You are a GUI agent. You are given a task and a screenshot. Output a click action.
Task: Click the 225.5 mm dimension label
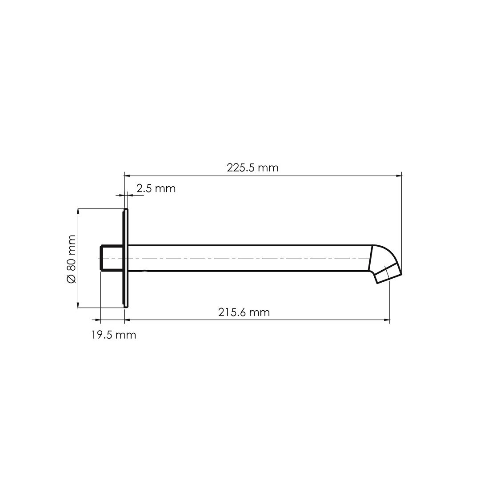click(x=252, y=168)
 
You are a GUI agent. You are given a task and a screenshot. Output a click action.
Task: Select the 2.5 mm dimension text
click(x=156, y=188)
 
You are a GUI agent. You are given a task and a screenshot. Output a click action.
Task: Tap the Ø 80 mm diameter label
click(x=71, y=259)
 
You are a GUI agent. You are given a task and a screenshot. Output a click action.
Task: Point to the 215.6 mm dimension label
click(x=244, y=312)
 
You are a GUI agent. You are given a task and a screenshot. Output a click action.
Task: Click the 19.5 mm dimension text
click(x=114, y=335)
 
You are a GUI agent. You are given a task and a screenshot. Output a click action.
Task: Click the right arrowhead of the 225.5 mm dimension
click(x=399, y=176)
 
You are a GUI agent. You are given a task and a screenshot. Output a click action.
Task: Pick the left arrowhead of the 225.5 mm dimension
click(x=127, y=176)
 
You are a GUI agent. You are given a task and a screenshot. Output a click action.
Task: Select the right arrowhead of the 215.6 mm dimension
click(x=387, y=320)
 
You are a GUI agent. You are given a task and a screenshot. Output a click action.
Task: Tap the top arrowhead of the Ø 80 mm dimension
click(x=78, y=211)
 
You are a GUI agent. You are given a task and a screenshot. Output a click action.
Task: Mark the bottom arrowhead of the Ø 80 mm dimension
click(x=78, y=305)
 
